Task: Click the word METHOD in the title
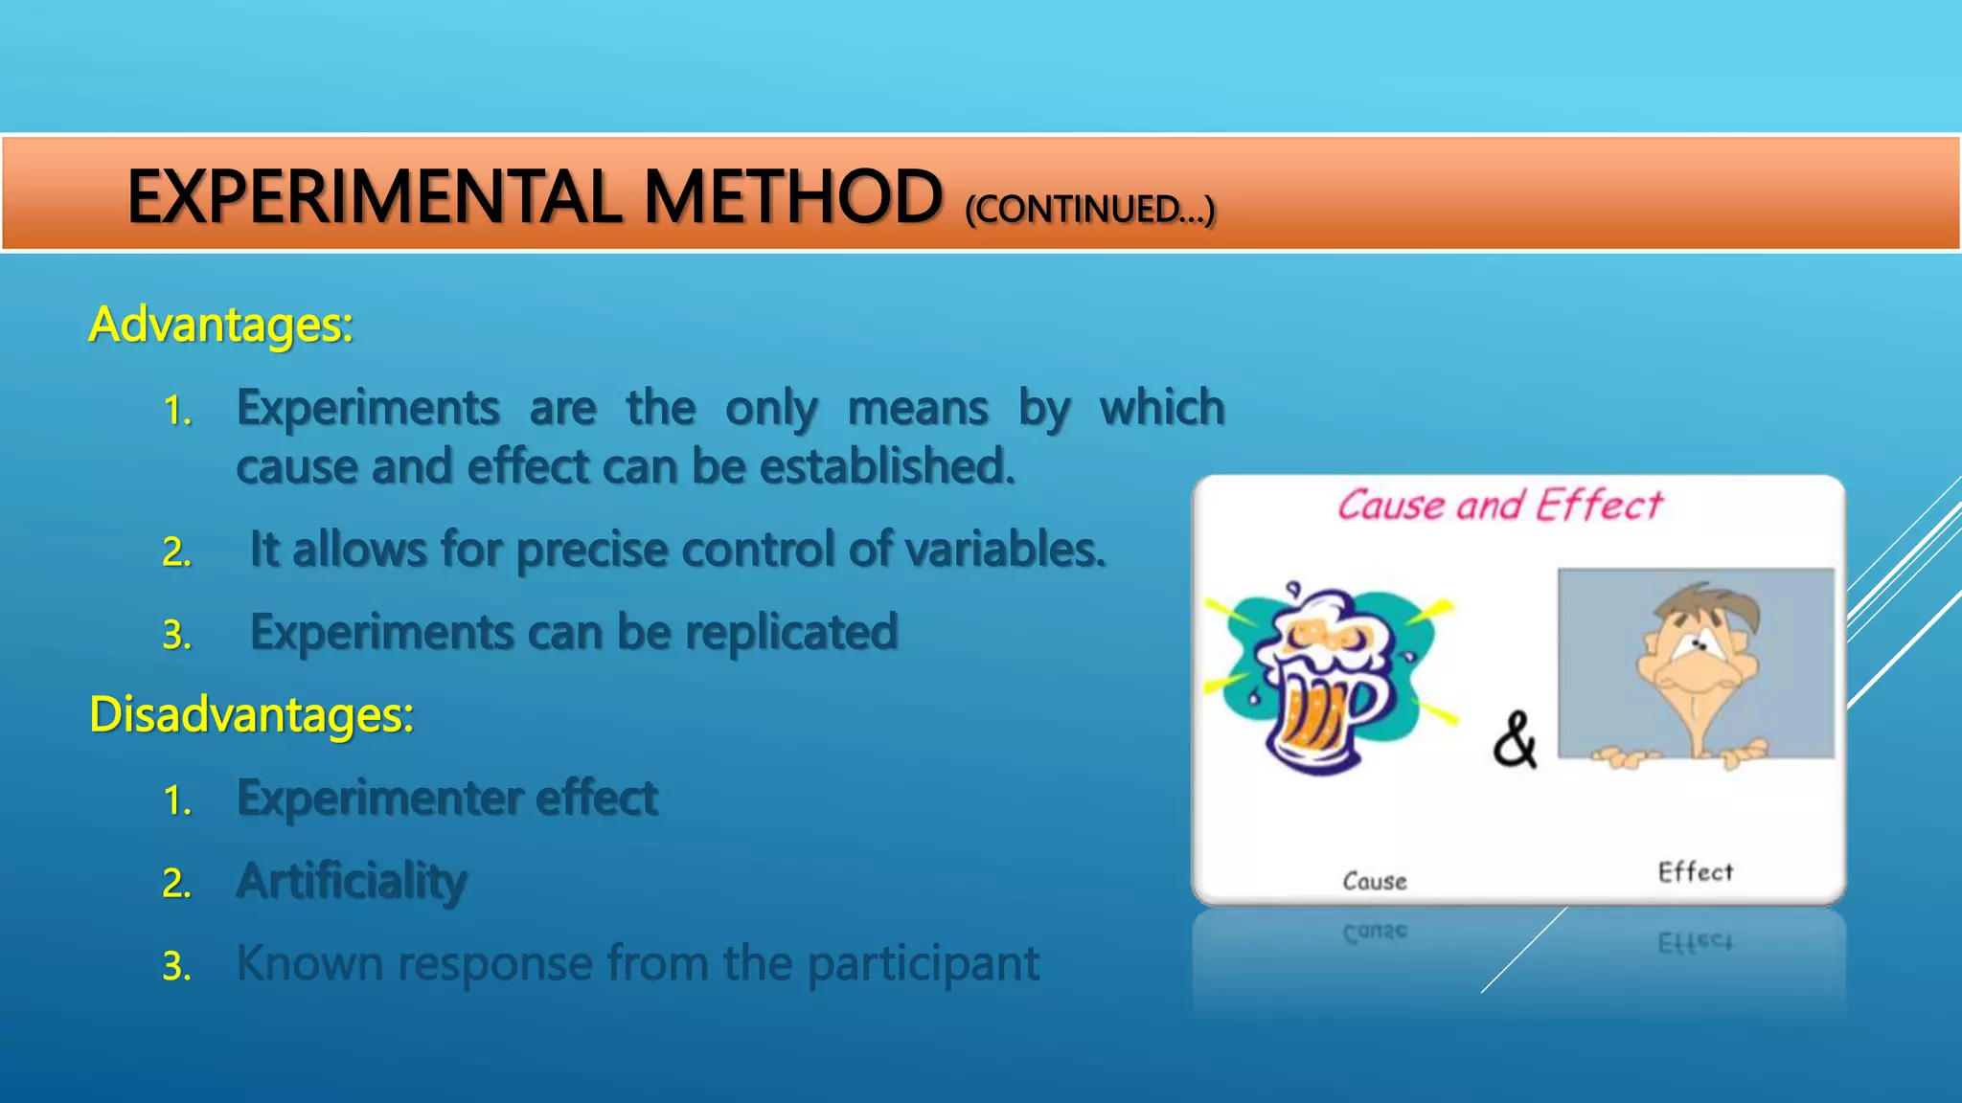[x=791, y=196]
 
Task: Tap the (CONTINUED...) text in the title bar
[x=1089, y=209]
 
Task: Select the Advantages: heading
[x=221, y=325]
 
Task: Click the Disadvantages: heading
[x=251, y=714]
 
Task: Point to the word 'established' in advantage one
[x=886, y=466]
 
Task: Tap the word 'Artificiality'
[x=352, y=881]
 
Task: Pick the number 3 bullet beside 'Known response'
[x=176, y=966]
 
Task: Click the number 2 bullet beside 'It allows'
[x=176, y=552]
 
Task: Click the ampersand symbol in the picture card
[x=1515, y=739]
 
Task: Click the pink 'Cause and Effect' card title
[x=1500, y=505]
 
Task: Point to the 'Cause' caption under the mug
[x=1374, y=881]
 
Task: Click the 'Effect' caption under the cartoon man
[x=1695, y=871]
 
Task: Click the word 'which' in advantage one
[x=1161, y=408]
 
